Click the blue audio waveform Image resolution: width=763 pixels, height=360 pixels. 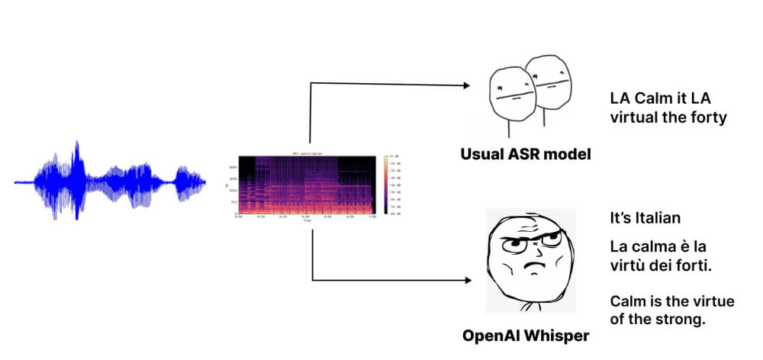point(111,182)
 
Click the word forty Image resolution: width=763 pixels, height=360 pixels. point(708,117)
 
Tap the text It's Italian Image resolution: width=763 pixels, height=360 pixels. point(645,218)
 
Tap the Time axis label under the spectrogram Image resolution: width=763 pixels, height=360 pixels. point(306,220)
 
